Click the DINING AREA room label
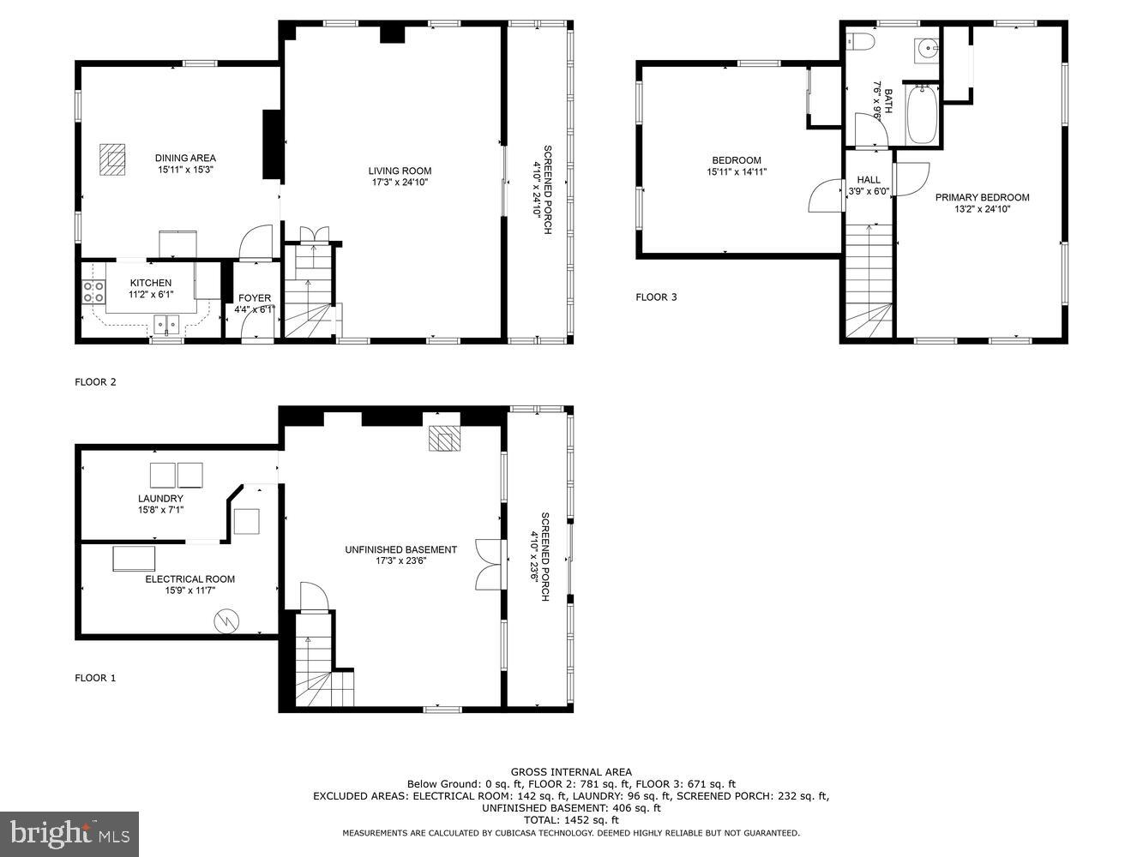185,158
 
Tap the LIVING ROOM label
400,171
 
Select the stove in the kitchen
93,291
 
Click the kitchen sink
166,323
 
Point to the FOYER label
255,298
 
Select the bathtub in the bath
923,114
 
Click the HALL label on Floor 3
869,180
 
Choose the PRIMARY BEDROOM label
982,197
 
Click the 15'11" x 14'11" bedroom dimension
737,172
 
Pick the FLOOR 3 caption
656,297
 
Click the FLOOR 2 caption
95,382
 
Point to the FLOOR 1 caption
95,678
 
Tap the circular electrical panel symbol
227,620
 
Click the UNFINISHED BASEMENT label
400,549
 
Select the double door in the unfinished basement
486,564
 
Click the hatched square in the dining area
112,159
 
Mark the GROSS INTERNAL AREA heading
571,772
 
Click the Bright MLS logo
70,833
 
